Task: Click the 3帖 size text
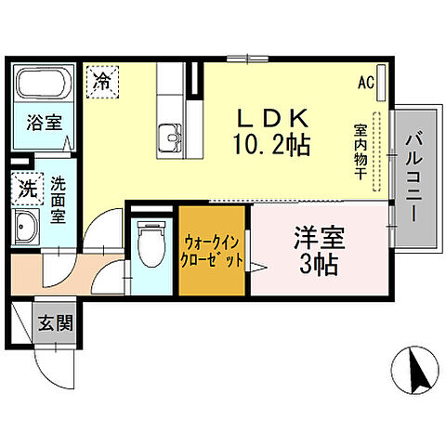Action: [x=320, y=262]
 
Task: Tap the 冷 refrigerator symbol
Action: [x=103, y=81]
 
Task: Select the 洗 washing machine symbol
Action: [x=26, y=186]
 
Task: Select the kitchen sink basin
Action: [x=172, y=137]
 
